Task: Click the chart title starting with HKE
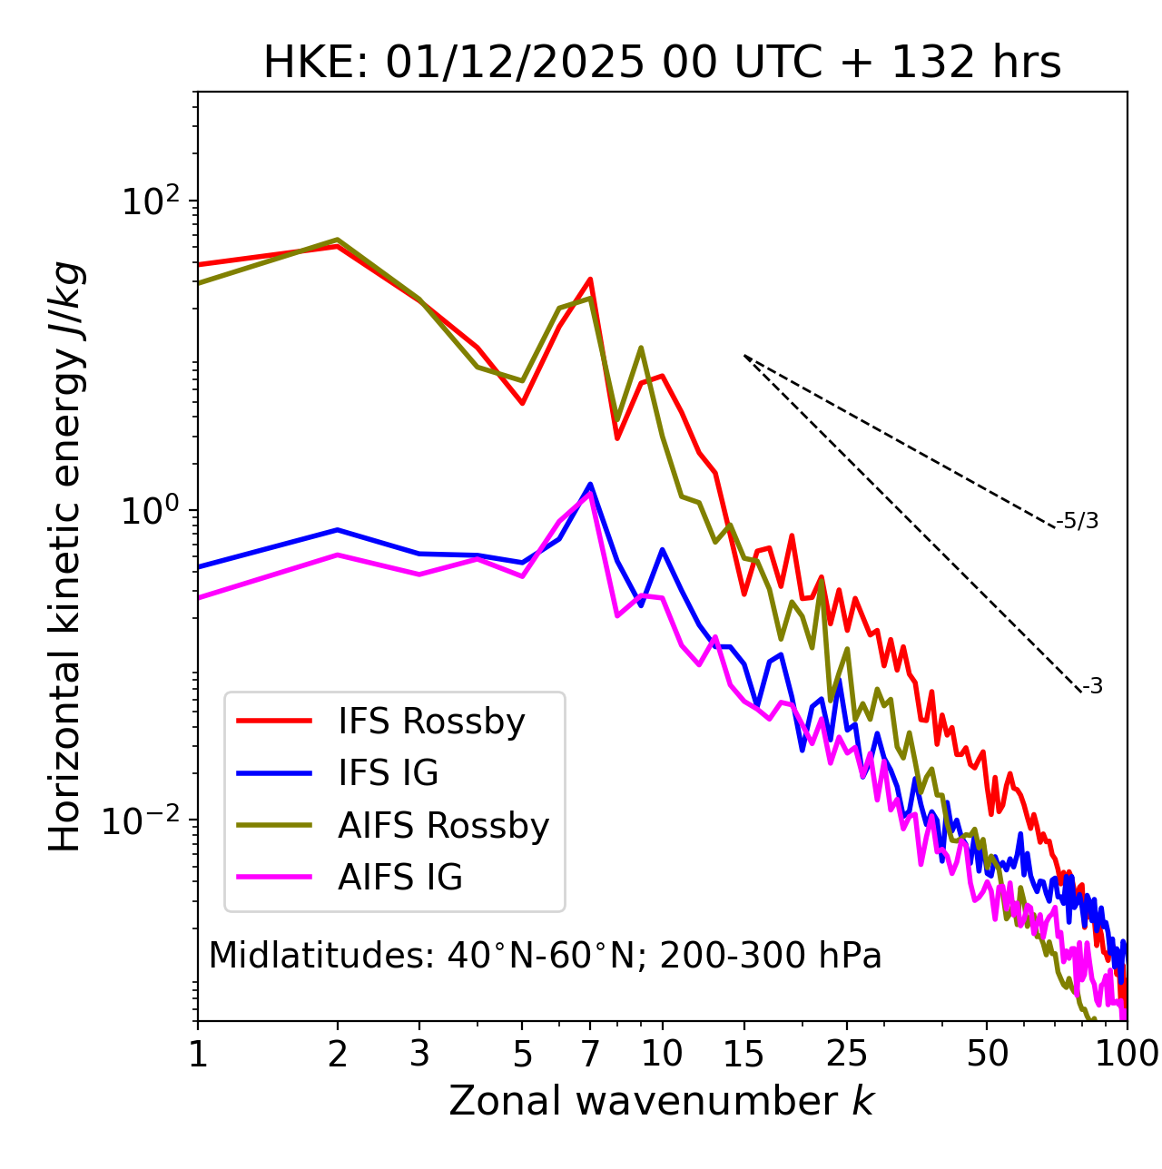point(662,63)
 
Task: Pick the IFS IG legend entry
point(388,773)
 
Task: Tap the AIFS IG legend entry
point(399,878)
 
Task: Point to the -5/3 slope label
point(1078,521)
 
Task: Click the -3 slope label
point(1092,687)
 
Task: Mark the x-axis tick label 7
point(590,1054)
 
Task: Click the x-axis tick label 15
point(743,1054)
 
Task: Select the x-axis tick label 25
point(847,1054)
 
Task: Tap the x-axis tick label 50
point(988,1054)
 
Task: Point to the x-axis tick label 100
point(1125,1054)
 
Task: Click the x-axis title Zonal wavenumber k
point(662,1101)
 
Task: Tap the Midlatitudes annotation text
point(545,956)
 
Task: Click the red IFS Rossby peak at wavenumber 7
point(590,280)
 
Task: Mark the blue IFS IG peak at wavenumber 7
point(590,485)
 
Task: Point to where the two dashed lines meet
point(744,356)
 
